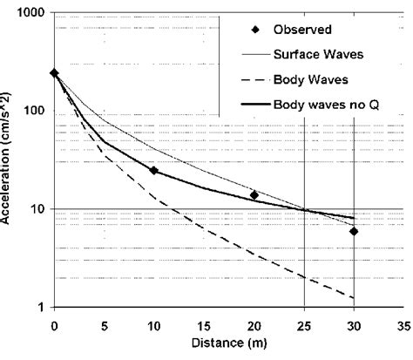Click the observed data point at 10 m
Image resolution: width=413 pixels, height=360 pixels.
point(154,171)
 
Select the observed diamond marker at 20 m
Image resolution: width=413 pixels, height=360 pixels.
point(254,195)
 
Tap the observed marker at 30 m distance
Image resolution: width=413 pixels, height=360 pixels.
point(354,231)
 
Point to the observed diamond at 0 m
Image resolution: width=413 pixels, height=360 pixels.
point(54,73)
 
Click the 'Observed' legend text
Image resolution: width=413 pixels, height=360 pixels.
point(302,29)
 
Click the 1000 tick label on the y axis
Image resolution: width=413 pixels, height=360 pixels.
point(31,15)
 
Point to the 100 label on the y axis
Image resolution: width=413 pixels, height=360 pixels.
point(35,112)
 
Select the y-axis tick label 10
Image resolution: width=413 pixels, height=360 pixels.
point(37,209)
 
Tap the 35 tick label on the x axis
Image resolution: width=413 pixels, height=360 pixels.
point(403,325)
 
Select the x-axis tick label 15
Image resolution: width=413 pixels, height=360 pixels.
point(204,325)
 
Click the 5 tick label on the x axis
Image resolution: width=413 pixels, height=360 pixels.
point(105,325)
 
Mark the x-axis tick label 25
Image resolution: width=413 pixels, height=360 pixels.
point(303,325)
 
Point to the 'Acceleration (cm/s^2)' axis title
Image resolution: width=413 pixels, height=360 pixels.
point(8,161)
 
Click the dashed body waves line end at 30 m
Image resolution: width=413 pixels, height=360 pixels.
point(354,298)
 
